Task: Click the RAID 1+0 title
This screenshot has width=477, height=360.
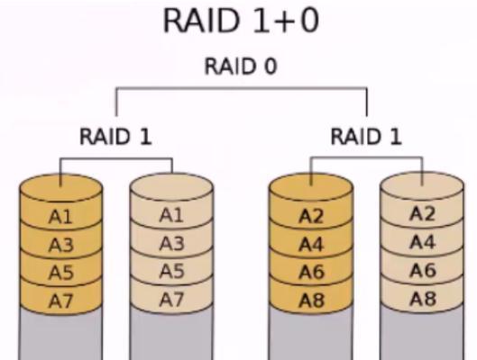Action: tap(241, 21)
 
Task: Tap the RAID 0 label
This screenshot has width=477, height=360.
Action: tap(241, 67)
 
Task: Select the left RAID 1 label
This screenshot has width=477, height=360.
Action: tap(115, 137)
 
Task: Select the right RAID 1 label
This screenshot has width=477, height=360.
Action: tap(366, 136)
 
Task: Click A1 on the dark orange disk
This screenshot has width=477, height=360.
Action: tap(60, 217)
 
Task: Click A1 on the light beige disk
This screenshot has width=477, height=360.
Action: tap(171, 215)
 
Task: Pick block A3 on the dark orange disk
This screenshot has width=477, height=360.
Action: tap(60, 245)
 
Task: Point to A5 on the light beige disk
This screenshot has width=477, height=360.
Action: tap(171, 271)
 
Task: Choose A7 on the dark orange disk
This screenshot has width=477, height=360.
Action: tap(60, 301)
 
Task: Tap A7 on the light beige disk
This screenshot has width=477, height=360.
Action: tap(171, 300)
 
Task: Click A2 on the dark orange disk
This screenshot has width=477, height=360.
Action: tap(311, 217)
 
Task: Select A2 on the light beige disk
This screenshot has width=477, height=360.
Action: tap(423, 213)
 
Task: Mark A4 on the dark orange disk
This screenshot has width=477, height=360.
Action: tap(311, 245)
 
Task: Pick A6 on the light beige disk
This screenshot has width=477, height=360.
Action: tap(423, 270)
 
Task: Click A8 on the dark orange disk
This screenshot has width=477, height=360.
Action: tap(311, 301)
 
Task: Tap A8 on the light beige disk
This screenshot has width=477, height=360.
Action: tap(423, 299)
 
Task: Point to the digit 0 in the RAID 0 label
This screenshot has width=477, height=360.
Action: tap(271, 67)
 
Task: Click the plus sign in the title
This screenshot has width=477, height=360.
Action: tap(283, 22)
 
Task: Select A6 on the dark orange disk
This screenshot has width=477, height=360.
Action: tap(311, 272)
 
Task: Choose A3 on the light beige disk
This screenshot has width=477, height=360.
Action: tap(171, 243)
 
